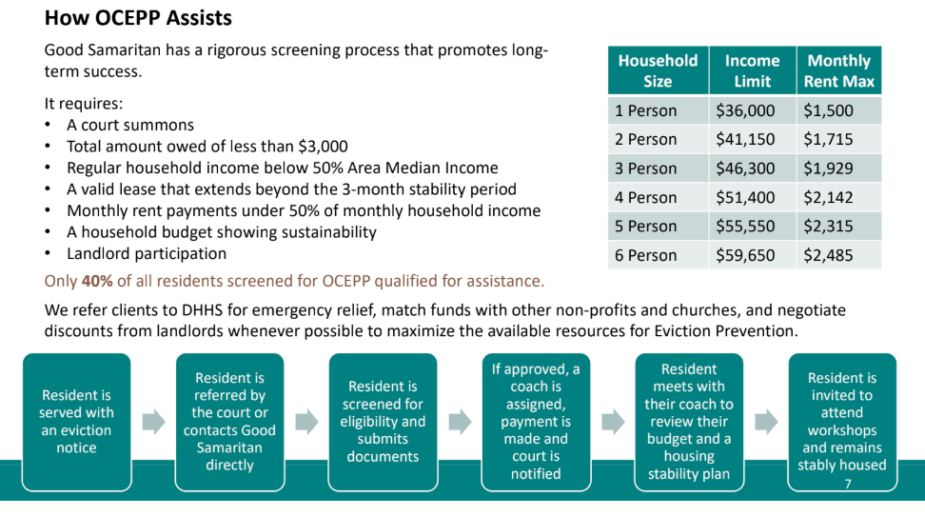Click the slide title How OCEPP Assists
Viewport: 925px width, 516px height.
click(x=138, y=18)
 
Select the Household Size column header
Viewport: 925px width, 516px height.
click(x=658, y=70)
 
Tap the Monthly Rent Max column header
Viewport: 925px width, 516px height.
click(x=838, y=70)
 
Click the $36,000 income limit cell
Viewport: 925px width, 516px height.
click(x=745, y=110)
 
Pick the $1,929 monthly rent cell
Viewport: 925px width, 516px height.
click(x=828, y=169)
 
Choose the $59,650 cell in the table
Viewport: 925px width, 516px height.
click(x=745, y=255)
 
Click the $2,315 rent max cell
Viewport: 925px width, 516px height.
click(x=828, y=227)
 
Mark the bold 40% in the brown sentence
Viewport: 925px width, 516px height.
click(x=96, y=281)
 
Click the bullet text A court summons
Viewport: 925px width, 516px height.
click(x=130, y=125)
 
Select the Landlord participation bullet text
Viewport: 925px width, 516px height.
click(x=147, y=254)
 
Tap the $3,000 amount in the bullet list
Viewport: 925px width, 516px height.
click(x=325, y=147)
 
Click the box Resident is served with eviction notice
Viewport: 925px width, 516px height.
click(x=76, y=421)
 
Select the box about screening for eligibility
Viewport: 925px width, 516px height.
click(x=383, y=421)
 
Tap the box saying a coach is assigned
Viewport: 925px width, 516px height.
click(x=536, y=421)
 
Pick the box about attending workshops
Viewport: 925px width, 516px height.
click(x=842, y=421)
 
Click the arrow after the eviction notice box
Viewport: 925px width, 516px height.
click(x=153, y=422)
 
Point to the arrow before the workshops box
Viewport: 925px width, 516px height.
click(x=766, y=422)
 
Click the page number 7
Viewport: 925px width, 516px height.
click(x=847, y=484)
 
